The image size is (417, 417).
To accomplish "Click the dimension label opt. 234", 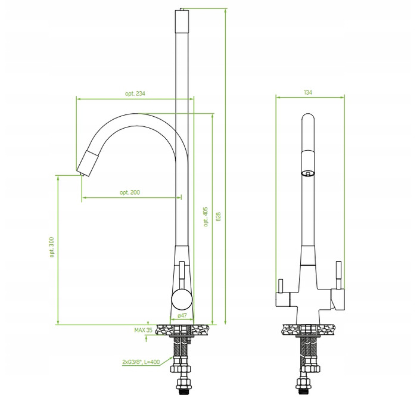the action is (135, 94).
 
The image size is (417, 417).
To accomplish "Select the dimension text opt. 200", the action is (130, 192).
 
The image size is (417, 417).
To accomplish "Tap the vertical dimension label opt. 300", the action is (52, 247).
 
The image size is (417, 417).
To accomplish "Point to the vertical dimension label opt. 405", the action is (206, 217).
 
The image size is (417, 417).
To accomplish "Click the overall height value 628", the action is (219, 217).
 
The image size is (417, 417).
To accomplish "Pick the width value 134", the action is (308, 92).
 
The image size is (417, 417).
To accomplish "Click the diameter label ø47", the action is (182, 316).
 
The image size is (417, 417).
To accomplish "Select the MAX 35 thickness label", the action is (144, 330).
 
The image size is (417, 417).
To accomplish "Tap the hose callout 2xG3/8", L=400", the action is (141, 362).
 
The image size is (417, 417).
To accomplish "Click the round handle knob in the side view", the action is (182, 300).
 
